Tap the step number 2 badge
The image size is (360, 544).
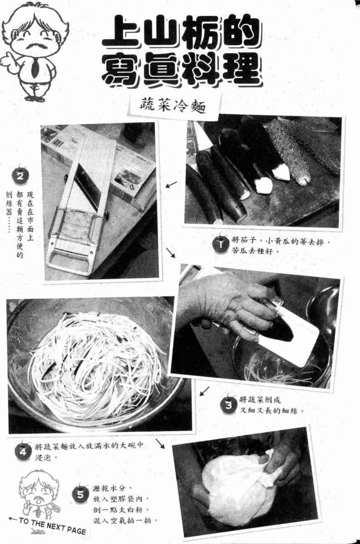pyautogui.click(x=20, y=176)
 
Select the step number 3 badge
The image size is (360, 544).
pyautogui.click(x=228, y=405)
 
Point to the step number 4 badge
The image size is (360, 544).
pyautogui.click(x=23, y=451)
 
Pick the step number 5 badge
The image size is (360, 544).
pyautogui.click(x=80, y=493)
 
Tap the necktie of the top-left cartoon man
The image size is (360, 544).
pyautogui.click(x=34, y=67)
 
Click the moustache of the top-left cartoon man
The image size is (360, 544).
pyautogui.click(x=34, y=46)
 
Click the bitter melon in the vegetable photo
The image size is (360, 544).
pyautogui.click(x=301, y=150)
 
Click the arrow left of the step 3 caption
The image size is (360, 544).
pyautogui.click(x=204, y=391)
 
